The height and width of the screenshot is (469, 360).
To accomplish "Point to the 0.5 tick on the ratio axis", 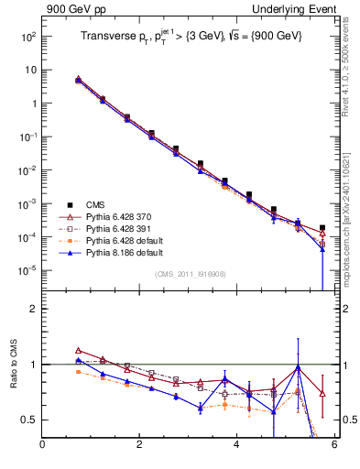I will click(27, 420).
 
